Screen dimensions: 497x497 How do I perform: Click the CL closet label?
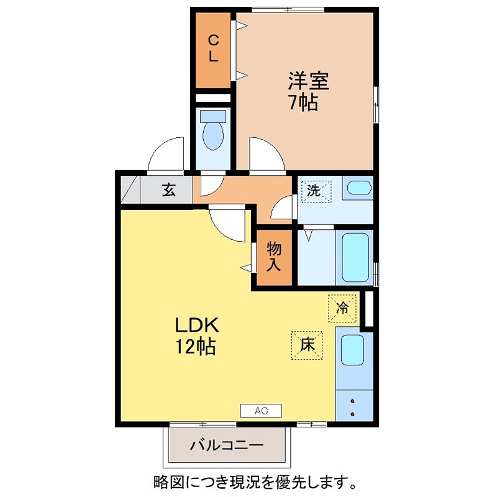213,48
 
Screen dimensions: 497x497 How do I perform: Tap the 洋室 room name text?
308,81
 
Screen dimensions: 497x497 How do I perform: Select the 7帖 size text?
303,102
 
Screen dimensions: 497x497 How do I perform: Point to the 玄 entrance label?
169,190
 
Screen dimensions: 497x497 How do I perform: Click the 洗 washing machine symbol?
315,190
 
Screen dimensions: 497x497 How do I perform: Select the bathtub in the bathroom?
356,257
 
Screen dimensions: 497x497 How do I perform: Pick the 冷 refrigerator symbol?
343,307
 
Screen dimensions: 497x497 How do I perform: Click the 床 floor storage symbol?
307,345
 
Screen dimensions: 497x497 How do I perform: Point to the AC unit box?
261,410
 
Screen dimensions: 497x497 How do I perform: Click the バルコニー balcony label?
227,445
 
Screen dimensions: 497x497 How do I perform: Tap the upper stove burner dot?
353,401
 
